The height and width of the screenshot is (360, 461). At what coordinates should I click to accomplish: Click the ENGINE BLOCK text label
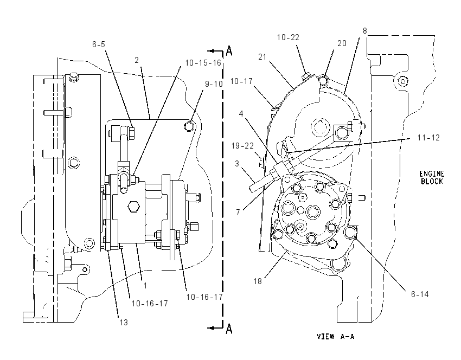tap(432, 177)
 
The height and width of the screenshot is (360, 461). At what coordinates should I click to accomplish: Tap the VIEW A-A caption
tap(336, 336)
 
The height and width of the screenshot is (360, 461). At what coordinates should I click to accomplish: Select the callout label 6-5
tap(99, 44)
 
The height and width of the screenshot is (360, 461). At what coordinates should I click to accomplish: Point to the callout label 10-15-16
tap(203, 63)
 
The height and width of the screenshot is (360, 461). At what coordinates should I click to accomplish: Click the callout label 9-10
tap(214, 84)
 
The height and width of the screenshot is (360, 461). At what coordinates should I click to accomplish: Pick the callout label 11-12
tap(428, 138)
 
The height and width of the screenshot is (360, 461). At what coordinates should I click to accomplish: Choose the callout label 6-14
tap(420, 294)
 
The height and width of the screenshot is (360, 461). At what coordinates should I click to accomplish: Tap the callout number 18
tap(258, 281)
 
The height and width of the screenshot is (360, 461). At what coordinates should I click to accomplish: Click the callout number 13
tap(124, 323)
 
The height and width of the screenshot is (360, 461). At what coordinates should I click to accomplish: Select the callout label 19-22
tap(242, 146)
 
